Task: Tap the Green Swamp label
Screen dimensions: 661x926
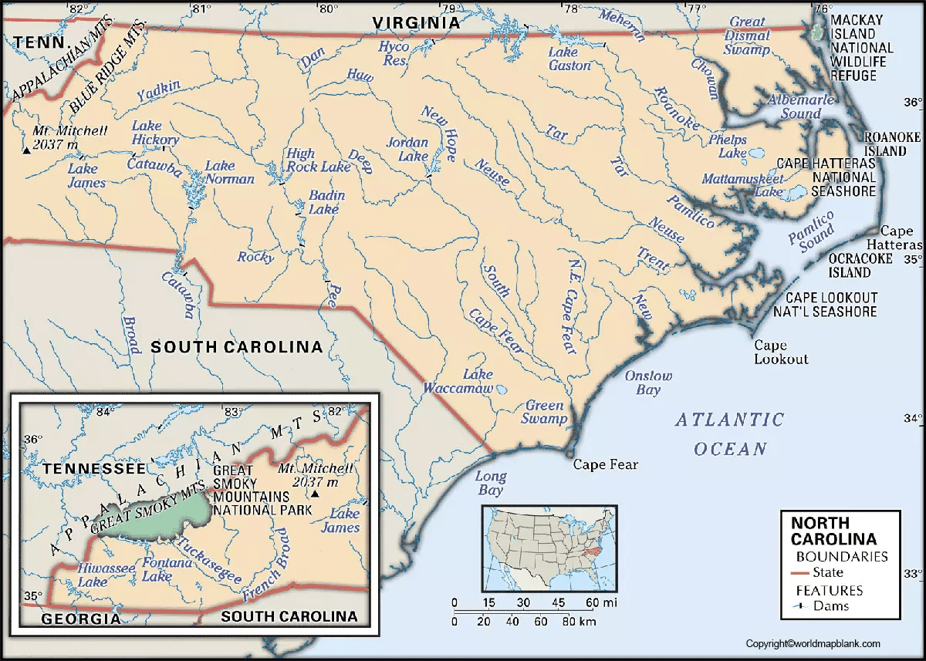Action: (x=546, y=412)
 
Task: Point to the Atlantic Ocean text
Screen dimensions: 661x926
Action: (x=729, y=434)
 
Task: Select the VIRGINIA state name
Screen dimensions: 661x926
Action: (x=416, y=23)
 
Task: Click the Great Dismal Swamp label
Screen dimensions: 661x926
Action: (x=747, y=36)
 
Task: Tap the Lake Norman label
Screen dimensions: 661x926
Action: (x=230, y=172)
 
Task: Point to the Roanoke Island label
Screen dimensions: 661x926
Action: (x=893, y=143)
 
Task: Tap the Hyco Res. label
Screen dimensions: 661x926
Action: (x=394, y=53)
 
